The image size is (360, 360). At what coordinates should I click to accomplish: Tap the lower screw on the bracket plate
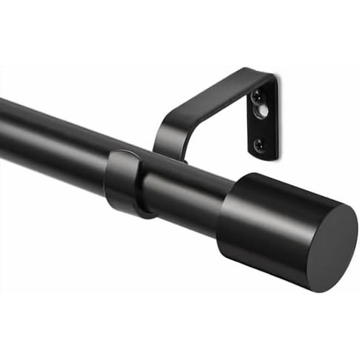coord(259,145)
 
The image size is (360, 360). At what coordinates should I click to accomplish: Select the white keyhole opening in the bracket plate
coord(263,109)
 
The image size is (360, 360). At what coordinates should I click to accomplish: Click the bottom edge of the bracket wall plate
coord(264,158)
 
